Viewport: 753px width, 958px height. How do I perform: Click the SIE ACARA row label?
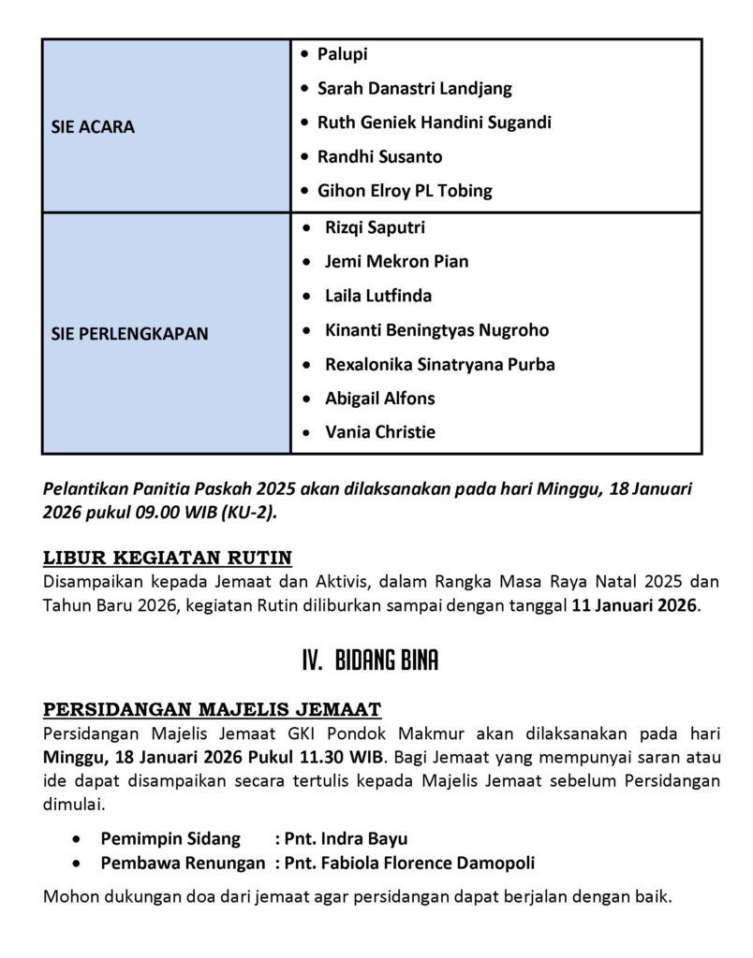[93, 126]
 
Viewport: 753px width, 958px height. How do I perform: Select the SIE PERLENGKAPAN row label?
[129, 333]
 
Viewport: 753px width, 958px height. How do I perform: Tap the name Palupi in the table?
[342, 54]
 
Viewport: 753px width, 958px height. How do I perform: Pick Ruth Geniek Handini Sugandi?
[434, 123]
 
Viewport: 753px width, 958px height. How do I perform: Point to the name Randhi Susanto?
[379, 156]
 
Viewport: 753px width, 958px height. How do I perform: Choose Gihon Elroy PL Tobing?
[405, 191]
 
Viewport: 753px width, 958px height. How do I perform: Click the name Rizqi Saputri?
[375, 227]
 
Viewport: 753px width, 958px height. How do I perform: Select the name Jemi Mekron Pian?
[396, 261]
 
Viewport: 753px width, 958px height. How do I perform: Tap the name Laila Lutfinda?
[377, 296]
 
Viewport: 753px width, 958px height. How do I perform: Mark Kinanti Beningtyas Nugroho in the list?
[436, 329]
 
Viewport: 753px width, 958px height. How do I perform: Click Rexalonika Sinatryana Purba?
[439, 364]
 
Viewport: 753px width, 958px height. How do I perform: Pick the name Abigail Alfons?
[379, 398]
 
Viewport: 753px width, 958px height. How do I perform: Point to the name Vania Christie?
[379, 432]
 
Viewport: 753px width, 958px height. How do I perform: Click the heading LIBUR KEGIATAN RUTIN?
[168, 559]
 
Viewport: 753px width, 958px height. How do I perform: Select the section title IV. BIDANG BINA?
[370, 661]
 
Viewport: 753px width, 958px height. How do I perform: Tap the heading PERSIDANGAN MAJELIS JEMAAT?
[212, 709]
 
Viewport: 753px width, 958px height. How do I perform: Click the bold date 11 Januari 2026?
[634, 604]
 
